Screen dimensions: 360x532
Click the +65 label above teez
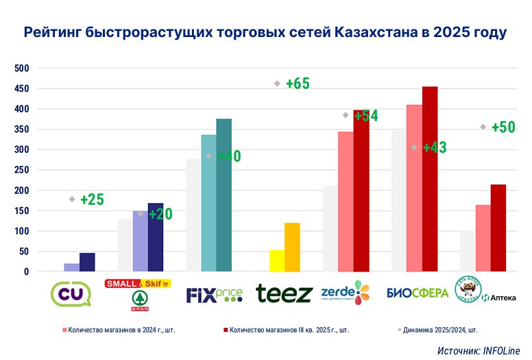tap(298, 84)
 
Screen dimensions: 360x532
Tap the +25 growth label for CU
tap(92, 200)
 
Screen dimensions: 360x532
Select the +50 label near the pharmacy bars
tap(503, 127)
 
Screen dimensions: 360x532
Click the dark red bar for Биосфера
tap(430, 179)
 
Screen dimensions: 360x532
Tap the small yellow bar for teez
tap(277, 261)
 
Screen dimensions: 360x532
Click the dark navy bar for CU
tap(87, 262)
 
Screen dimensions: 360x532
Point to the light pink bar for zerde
tap(346, 202)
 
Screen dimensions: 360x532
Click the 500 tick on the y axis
tap(22, 69)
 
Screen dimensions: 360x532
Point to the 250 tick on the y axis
tap(22, 170)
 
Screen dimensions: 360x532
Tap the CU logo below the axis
tap(71, 293)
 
